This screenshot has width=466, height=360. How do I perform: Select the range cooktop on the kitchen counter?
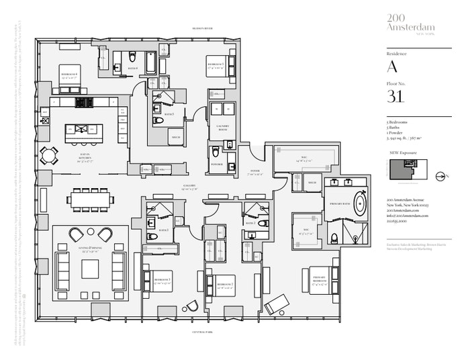(84, 103)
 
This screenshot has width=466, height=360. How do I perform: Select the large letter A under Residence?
(393, 66)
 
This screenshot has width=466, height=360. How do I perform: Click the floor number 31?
(395, 97)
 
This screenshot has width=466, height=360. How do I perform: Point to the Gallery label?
(189, 187)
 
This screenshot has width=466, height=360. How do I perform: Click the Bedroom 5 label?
(215, 65)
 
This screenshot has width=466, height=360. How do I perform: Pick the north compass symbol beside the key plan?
(441, 177)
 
